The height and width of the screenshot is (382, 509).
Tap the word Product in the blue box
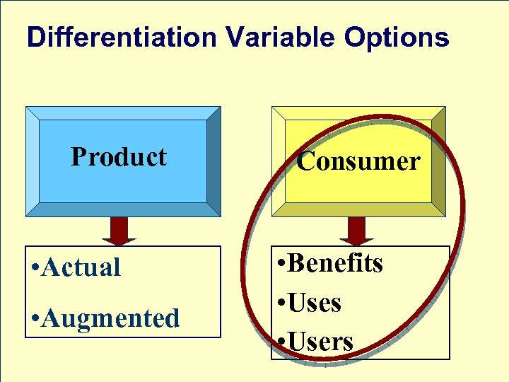[x=119, y=156]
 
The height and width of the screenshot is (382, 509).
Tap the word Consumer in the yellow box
[x=358, y=161]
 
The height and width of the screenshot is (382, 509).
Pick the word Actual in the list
[x=81, y=267]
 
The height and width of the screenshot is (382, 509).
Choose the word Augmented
[x=110, y=319]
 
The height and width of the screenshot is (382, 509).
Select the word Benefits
[x=337, y=263]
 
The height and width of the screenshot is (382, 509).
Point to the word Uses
[x=315, y=303]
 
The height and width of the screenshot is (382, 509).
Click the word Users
[x=322, y=342]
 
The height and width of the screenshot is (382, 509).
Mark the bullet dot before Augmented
[x=35, y=320]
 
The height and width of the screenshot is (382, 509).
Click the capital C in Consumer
[x=305, y=161]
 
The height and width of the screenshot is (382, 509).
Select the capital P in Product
[x=78, y=156]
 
